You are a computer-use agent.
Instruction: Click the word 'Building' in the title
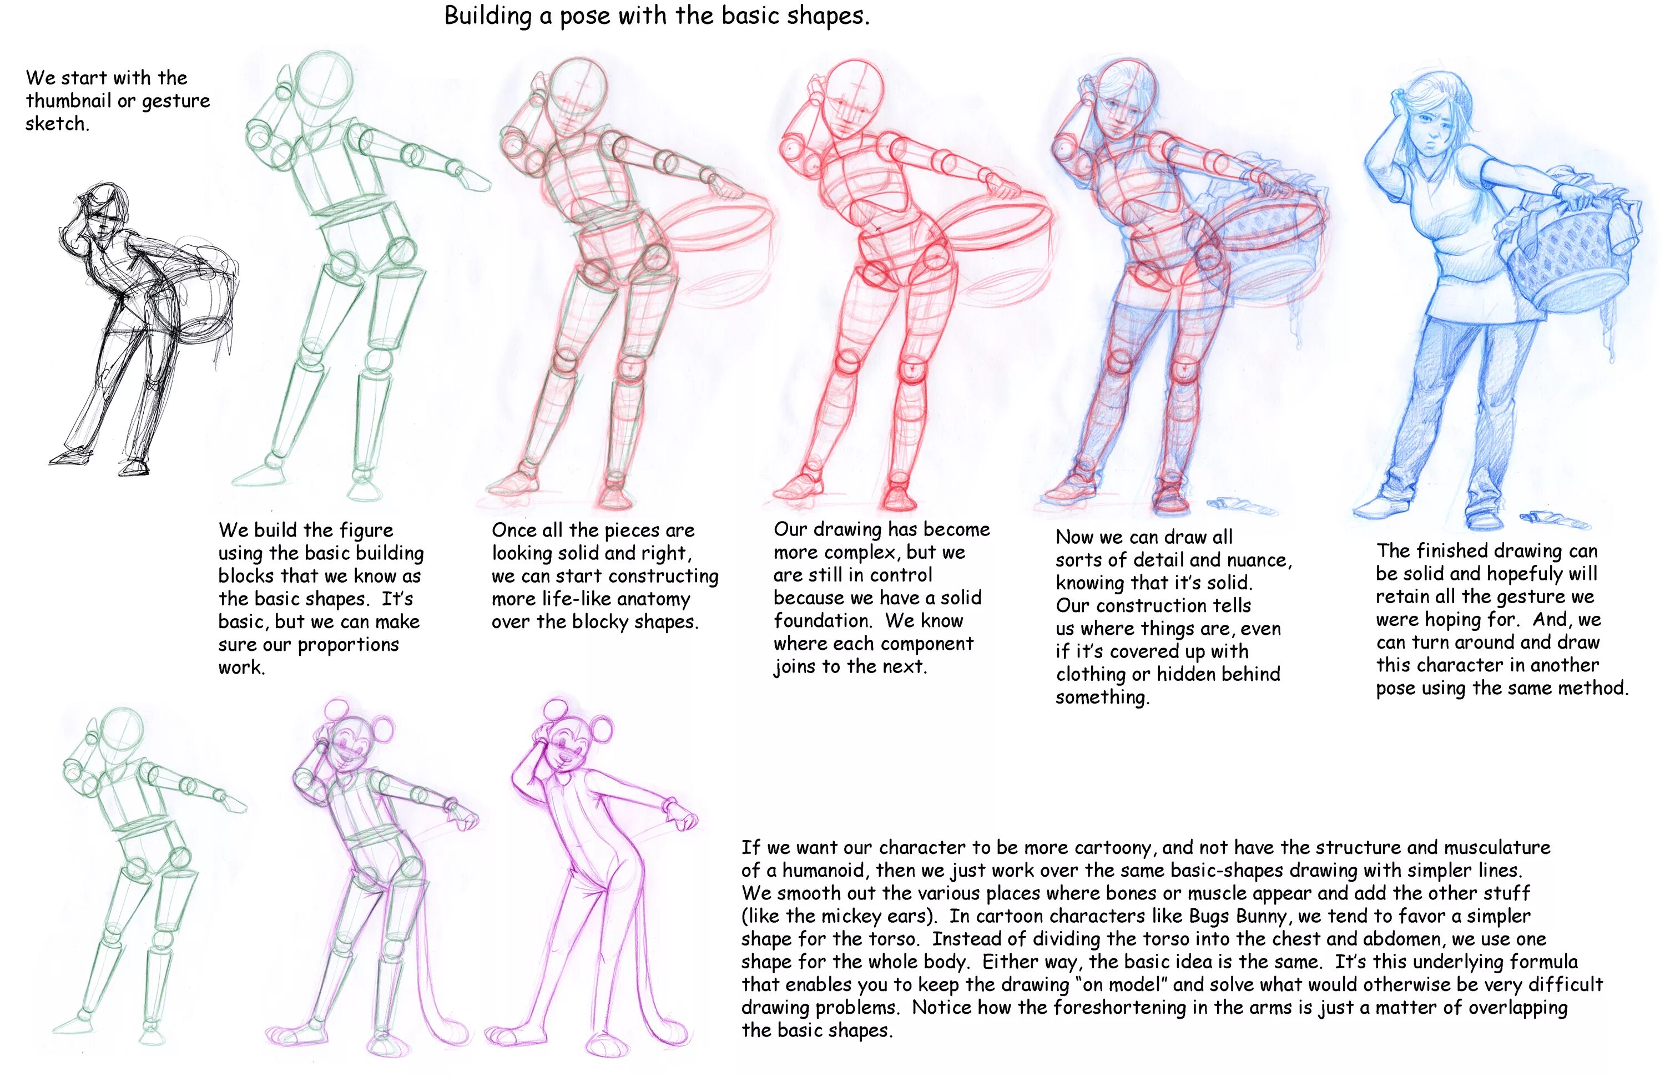click(488, 16)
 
